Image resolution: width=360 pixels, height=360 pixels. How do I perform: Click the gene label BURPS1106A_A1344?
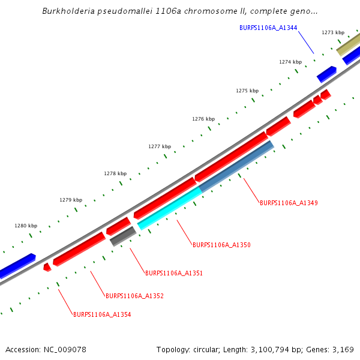(x=268, y=28)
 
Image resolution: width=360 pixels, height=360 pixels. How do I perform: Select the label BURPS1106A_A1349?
(x=289, y=203)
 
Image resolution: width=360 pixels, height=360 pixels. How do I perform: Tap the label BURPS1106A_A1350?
(x=221, y=245)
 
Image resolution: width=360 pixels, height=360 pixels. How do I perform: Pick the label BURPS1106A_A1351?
(x=174, y=273)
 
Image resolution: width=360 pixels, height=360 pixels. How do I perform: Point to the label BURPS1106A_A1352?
(x=134, y=296)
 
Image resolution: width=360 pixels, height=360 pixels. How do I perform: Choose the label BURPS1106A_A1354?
(x=102, y=314)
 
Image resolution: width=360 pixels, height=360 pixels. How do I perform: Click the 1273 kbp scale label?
(x=333, y=32)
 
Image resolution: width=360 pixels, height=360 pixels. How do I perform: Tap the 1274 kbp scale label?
(x=290, y=62)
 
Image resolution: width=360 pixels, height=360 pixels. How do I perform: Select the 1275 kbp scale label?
(x=247, y=91)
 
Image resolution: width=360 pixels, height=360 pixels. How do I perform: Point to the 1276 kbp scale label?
(x=203, y=119)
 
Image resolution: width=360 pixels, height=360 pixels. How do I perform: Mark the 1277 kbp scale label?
(x=160, y=146)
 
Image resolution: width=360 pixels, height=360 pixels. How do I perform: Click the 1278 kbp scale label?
(x=115, y=173)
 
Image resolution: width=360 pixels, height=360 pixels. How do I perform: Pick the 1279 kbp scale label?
(x=71, y=200)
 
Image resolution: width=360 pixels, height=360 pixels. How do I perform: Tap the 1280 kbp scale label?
(x=26, y=226)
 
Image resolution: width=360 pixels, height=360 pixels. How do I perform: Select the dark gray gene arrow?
(x=123, y=236)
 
